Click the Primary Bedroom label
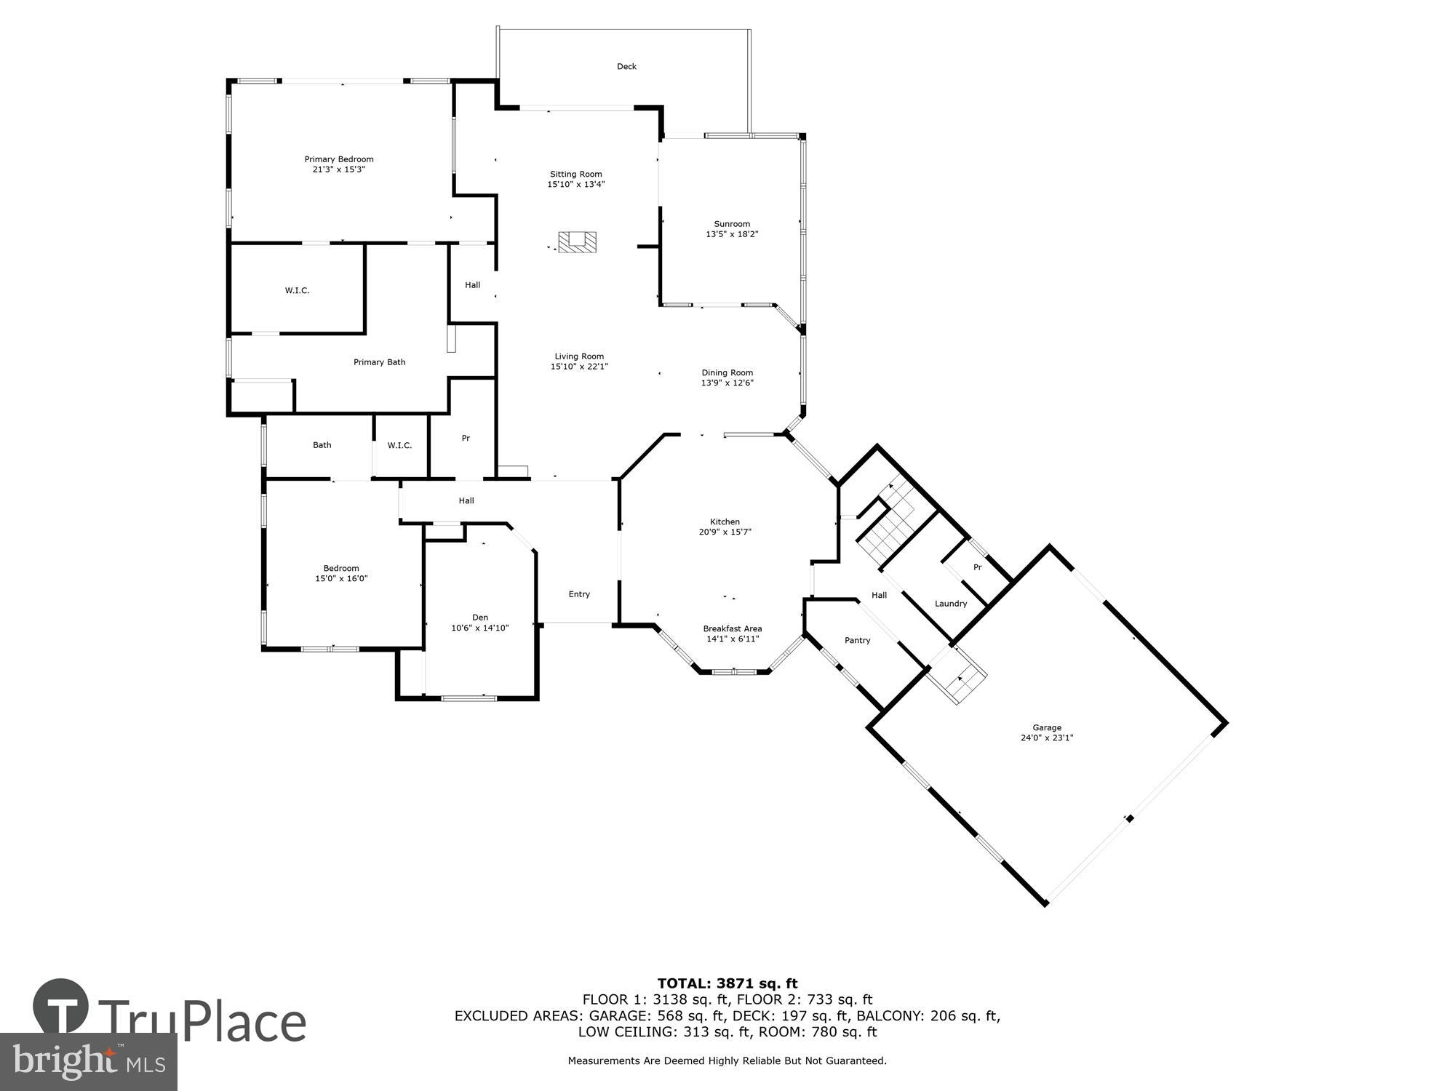[x=338, y=159]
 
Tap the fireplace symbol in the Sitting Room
[x=577, y=242]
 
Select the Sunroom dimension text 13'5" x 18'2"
[x=732, y=234]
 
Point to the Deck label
[x=626, y=66]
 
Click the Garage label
[x=1047, y=727]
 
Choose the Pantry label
[x=857, y=640]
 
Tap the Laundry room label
[x=950, y=604]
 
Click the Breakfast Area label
[x=732, y=628]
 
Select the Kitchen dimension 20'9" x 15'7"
[x=725, y=532]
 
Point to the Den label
[x=479, y=618]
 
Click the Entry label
[x=579, y=594]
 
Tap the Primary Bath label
[x=379, y=362]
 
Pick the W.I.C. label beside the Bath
[x=399, y=445]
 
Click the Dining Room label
[x=727, y=372]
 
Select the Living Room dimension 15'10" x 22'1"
[x=579, y=367]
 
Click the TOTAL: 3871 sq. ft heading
[x=727, y=983]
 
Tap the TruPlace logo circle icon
[x=61, y=1007]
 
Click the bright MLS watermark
[x=88, y=1062]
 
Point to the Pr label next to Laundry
[x=977, y=567]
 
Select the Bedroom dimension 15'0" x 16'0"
[x=341, y=579]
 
